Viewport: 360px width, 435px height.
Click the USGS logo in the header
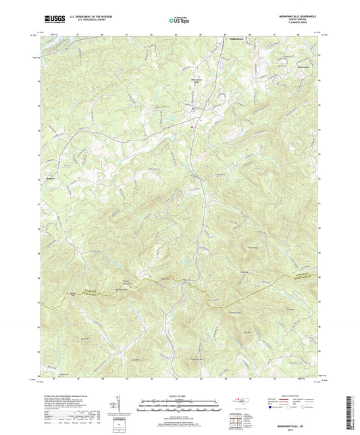click(x=52, y=19)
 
